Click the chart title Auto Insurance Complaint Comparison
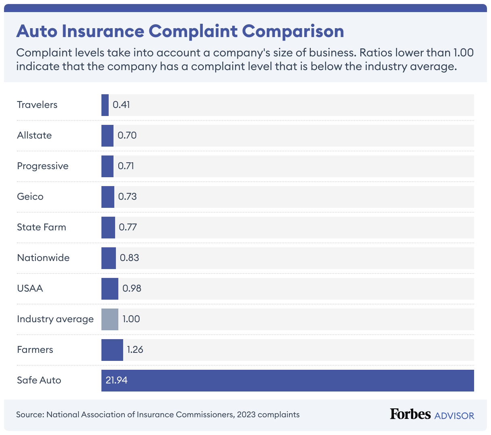[180, 31]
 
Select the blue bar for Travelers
[105, 105]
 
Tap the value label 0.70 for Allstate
[127, 135]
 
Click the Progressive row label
[43, 166]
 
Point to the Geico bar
[107, 197]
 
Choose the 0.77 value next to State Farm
[128, 227]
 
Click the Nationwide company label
[43, 258]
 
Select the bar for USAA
[109, 289]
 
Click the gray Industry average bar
[109, 319]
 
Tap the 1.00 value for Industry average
[131, 319]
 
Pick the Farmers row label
[35, 350]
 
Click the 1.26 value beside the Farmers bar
[135, 350]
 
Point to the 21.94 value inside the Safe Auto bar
[117, 380]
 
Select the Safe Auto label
[39, 380]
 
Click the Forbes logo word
[410, 414]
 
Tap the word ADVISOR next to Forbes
[454, 415]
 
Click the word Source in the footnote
[30, 414]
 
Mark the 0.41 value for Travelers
[122, 105]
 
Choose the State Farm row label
[41, 227]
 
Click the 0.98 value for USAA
[132, 288]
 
